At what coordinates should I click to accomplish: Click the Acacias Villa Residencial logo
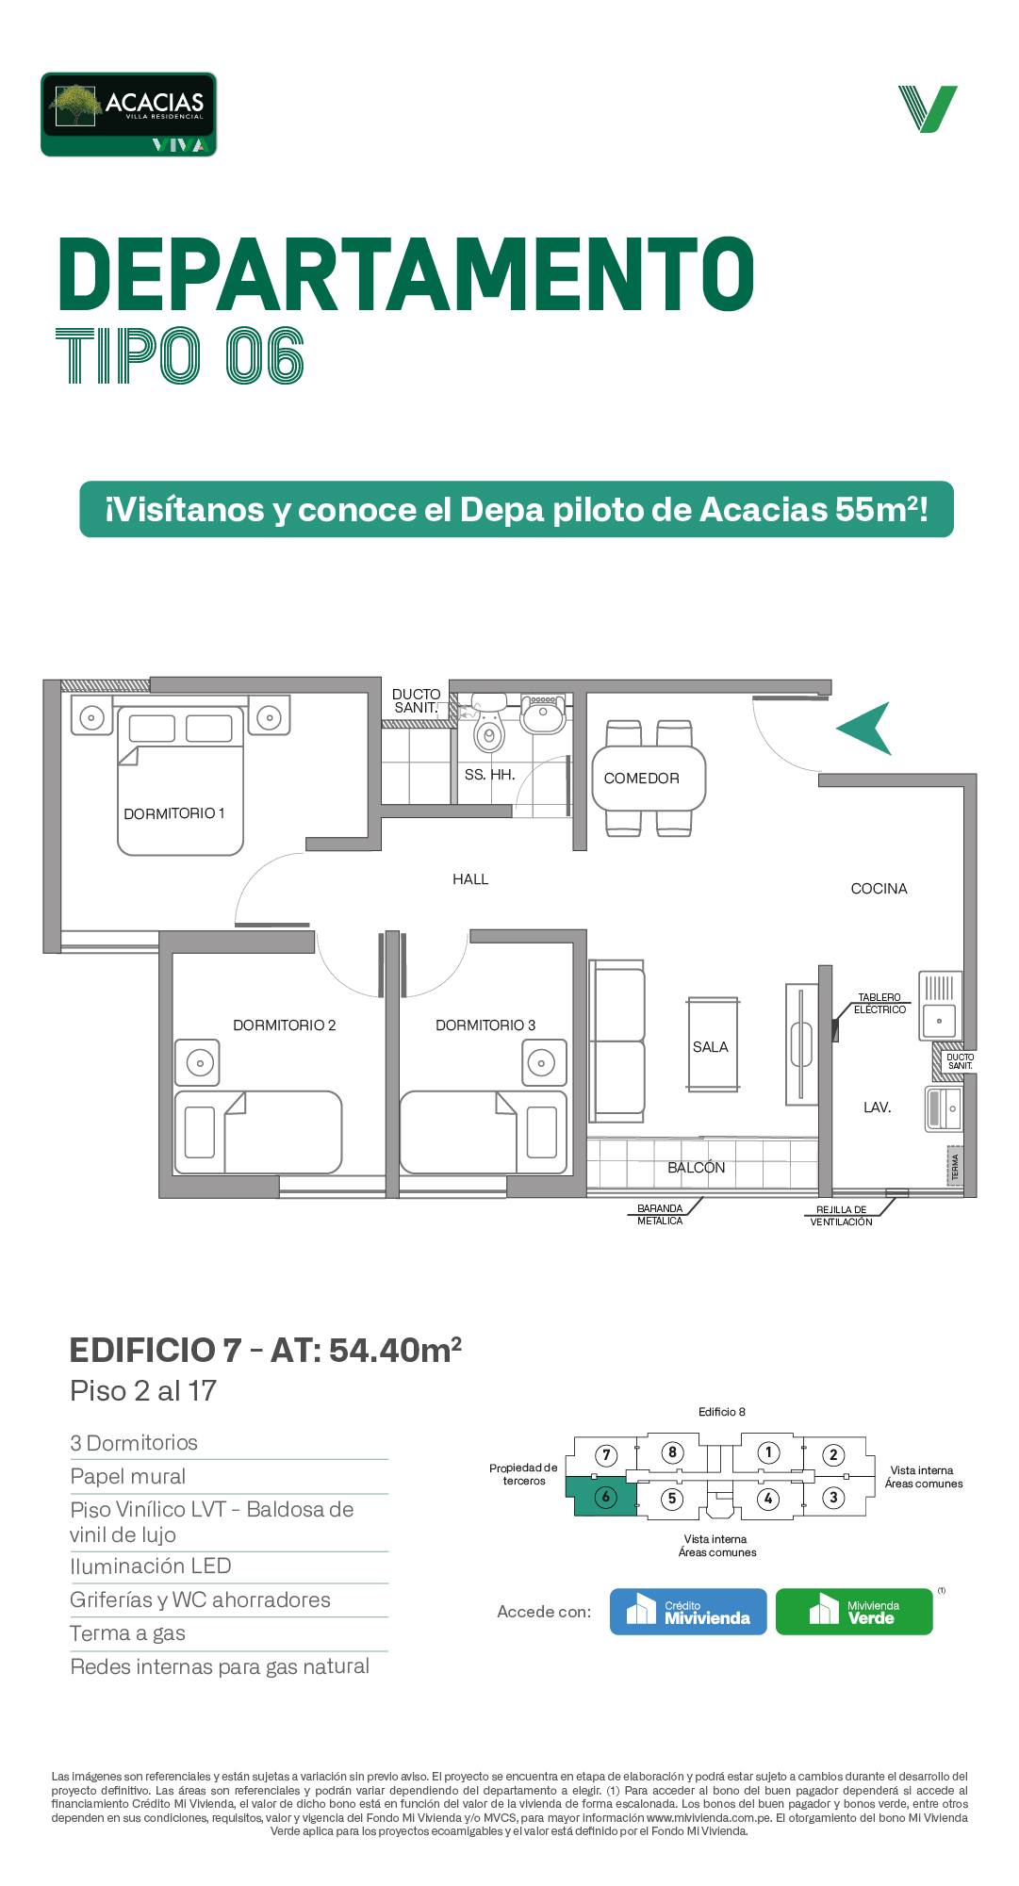pyautogui.click(x=128, y=114)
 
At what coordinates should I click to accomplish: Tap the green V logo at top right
pyautogui.click(x=928, y=108)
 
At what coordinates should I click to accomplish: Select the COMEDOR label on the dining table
pyautogui.click(x=641, y=779)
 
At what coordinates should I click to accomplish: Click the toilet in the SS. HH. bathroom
pyautogui.click(x=488, y=726)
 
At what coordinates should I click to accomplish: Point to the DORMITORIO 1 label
pyautogui.click(x=174, y=813)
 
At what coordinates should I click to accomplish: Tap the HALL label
pyautogui.click(x=470, y=879)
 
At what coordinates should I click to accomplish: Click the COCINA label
pyautogui.click(x=879, y=889)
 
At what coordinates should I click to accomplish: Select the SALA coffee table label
pyautogui.click(x=711, y=1047)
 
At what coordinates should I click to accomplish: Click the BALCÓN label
pyautogui.click(x=697, y=1168)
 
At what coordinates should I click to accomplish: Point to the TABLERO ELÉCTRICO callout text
pyautogui.click(x=879, y=1004)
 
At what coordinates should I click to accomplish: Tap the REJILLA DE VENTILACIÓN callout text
pyautogui.click(x=841, y=1216)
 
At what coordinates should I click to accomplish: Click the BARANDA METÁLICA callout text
pyautogui.click(x=660, y=1215)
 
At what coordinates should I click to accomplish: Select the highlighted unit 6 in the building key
pyautogui.click(x=601, y=1496)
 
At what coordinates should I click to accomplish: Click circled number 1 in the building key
pyautogui.click(x=769, y=1452)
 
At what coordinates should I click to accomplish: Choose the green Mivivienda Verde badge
pyautogui.click(x=854, y=1612)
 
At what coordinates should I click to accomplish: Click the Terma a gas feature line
pyautogui.click(x=128, y=1633)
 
